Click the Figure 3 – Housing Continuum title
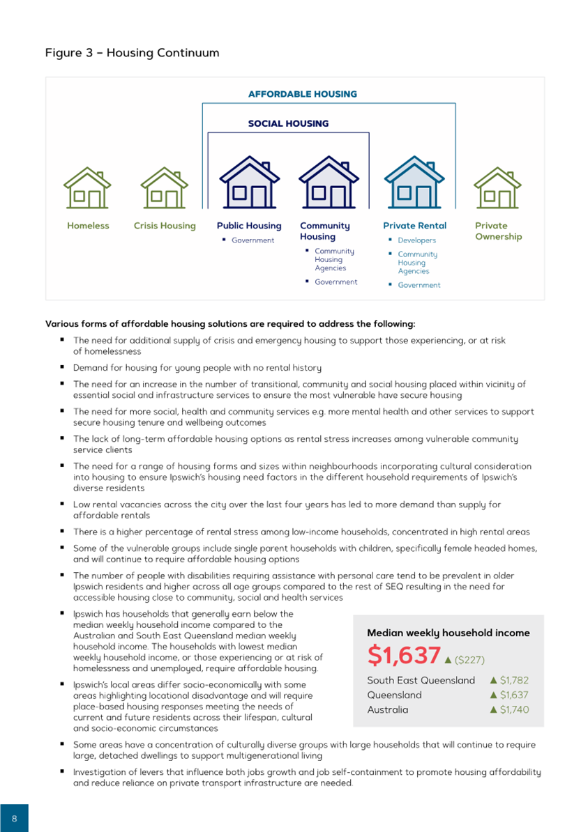[132, 53]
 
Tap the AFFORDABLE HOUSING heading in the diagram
[303, 94]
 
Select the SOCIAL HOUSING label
[288, 123]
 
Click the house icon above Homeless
[88, 187]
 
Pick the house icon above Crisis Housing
[165, 187]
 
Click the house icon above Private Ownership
[497, 187]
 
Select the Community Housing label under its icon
[325, 231]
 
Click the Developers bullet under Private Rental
[416, 240]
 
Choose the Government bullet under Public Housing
[253, 240]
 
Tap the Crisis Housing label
[165, 226]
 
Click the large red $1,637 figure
[404, 656]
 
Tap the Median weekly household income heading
[448, 633]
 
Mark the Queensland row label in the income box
[395, 695]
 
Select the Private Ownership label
[498, 231]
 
